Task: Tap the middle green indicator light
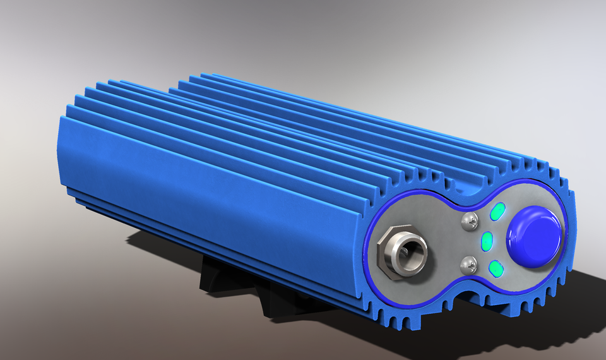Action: click(487, 241)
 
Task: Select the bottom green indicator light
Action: click(497, 269)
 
